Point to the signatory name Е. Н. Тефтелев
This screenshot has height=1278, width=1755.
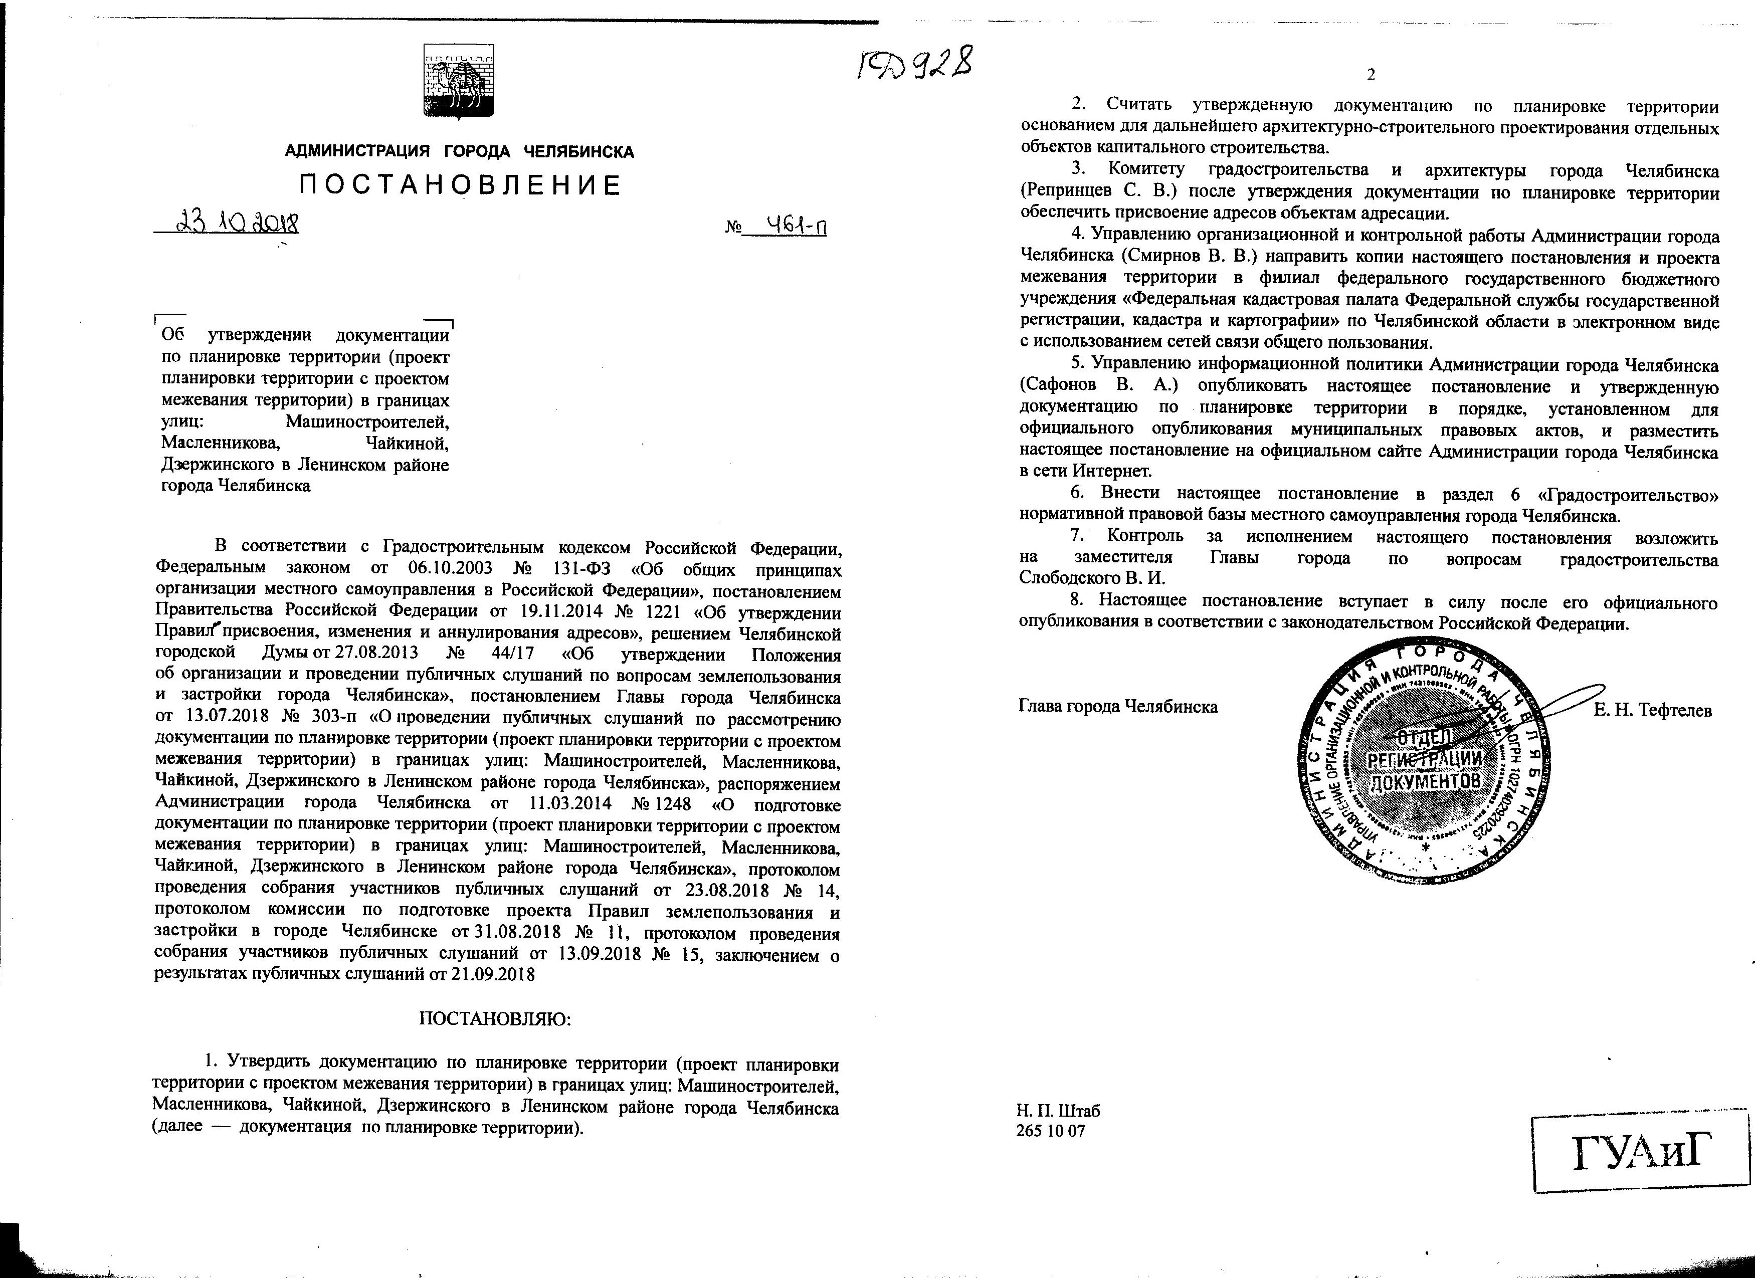pyautogui.click(x=1652, y=709)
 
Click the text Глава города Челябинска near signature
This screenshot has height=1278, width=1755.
pyautogui.click(x=1118, y=706)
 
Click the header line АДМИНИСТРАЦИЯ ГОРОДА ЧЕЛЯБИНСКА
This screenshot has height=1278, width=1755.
pyautogui.click(x=460, y=152)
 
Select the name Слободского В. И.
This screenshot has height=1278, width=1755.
pyautogui.click(x=1092, y=578)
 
